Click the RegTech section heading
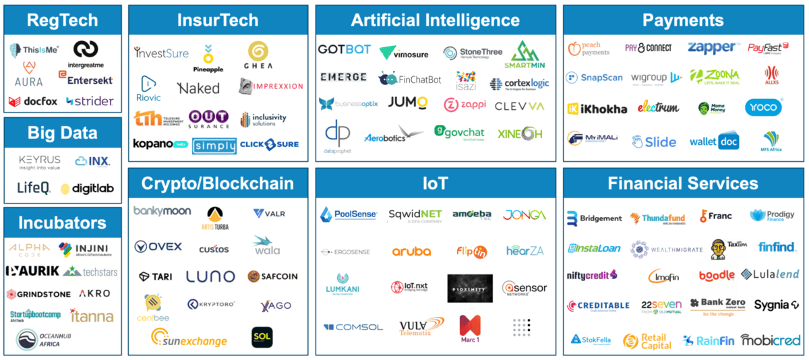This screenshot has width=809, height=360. point(62,21)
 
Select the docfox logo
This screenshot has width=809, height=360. point(32,102)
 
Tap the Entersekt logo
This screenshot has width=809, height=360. point(90,80)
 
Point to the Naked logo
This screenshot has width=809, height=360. point(198,88)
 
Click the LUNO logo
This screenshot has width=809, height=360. point(210,276)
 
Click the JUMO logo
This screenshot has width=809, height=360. point(408,102)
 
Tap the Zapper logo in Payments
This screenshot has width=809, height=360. point(712,48)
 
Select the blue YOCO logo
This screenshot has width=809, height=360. point(763,107)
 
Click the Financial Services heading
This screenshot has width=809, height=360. point(682,183)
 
